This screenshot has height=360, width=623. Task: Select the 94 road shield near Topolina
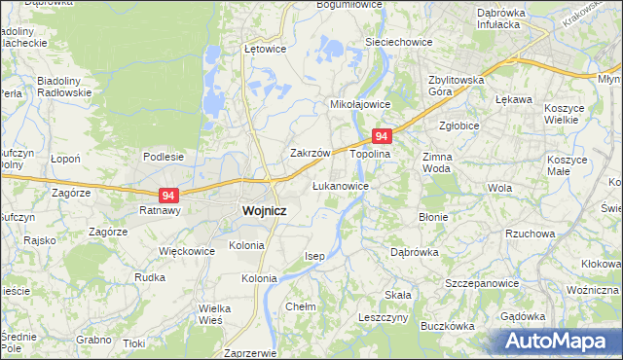(382, 138)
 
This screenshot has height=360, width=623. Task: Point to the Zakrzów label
(312, 154)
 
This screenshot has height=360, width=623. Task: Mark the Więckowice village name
(187, 250)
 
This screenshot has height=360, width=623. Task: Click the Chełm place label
(301, 306)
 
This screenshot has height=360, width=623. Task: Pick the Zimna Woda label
(439, 162)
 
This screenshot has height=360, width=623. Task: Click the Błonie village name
(432, 217)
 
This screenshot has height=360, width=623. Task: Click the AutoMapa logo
(560, 342)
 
